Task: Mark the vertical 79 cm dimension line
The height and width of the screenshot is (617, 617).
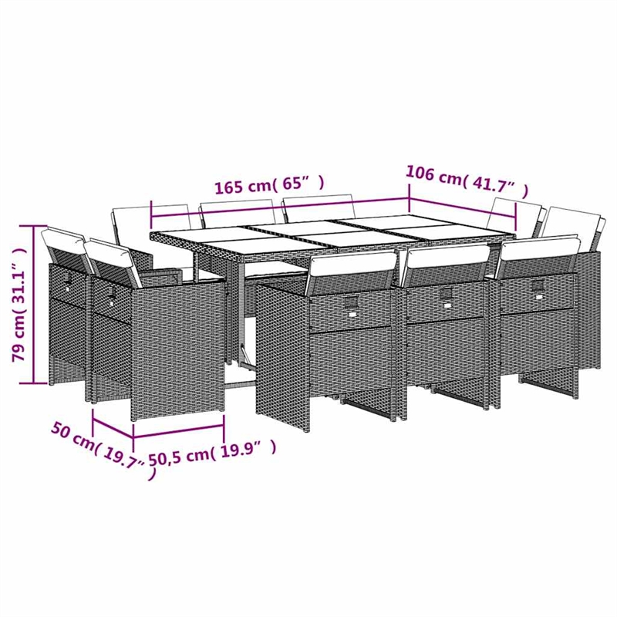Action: [x=35, y=305]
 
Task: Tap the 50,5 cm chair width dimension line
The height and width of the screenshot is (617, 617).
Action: [x=179, y=422]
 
